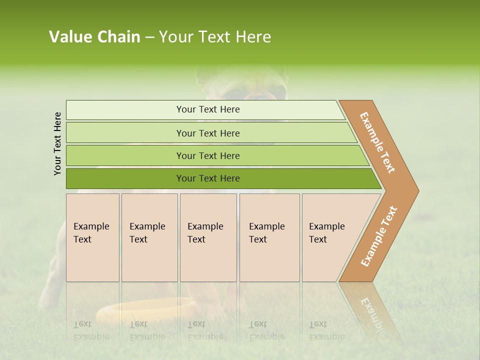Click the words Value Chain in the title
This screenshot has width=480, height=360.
point(94,37)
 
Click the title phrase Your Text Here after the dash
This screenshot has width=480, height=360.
point(215,37)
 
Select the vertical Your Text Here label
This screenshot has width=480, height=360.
point(57,143)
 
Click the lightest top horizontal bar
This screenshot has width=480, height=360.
point(208,109)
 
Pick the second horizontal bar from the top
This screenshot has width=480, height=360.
point(208,133)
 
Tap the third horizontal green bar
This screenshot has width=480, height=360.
point(208,155)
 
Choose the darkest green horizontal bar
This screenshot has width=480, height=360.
point(208,178)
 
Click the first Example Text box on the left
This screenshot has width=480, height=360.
point(92,237)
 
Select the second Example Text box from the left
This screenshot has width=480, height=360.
point(149,237)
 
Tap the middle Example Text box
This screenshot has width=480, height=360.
point(208,237)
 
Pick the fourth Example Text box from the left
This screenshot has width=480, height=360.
point(269,237)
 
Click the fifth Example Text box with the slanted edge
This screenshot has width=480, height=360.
point(330,237)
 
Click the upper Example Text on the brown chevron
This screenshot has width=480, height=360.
point(377,142)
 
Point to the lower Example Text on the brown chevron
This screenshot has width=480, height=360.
point(378,236)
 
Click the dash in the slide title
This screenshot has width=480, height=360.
point(149,37)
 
